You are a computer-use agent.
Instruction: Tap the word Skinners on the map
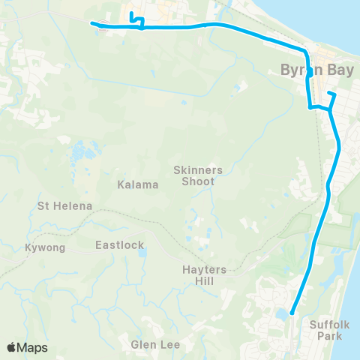[198, 170]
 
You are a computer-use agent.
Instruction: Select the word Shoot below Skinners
[198, 181]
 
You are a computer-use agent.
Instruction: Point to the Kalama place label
[137, 184]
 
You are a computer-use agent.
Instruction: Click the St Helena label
[65, 205]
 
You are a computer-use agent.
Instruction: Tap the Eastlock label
[119, 244]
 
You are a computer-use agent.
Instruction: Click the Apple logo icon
[12, 347]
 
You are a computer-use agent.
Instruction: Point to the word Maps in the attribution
[32, 347]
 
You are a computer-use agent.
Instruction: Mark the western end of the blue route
[93, 23]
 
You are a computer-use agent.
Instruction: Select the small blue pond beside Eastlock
[141, 253]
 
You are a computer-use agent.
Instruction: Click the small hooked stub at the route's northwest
[131, 14]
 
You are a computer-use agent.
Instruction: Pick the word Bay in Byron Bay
[327, 69]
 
